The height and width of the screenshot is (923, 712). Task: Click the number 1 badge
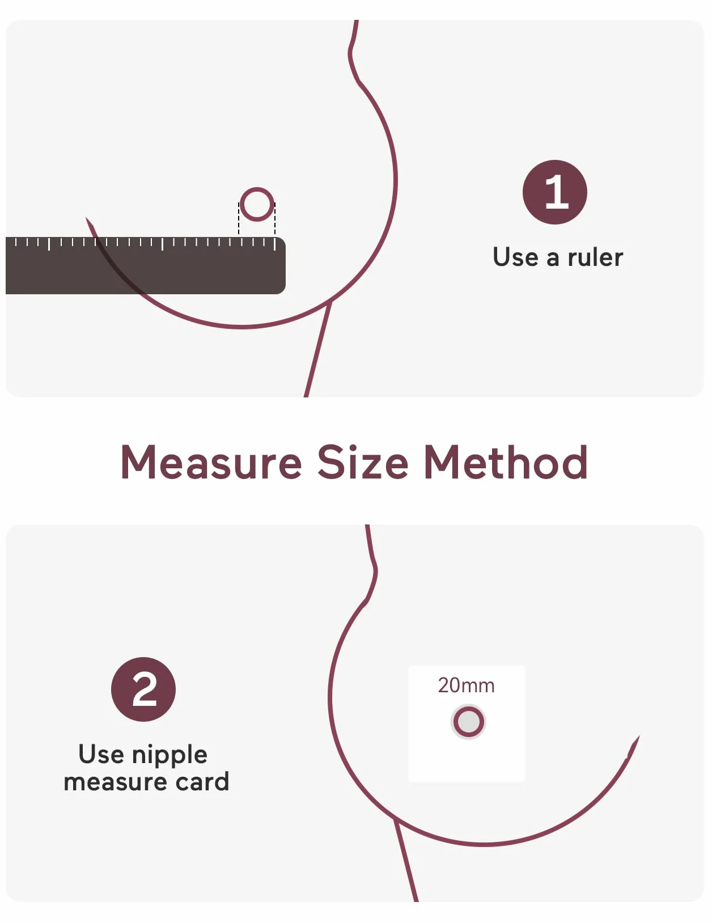click(x=554, y=192)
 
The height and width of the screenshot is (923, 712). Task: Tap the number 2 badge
click(x=143, y=689)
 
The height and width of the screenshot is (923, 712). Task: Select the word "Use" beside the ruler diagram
click(x=515, y=257)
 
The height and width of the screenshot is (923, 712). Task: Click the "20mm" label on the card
click(x=466, y=685)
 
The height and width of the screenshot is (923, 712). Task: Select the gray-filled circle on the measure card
click(x=468, y=722)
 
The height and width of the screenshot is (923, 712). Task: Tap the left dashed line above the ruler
click(x=239, y=218)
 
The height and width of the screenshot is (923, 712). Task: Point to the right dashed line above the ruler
click(x=275, y=218)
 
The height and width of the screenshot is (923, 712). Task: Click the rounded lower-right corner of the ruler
click(x=282, y=290)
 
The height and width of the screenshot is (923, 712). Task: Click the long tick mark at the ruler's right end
click(x=275, y=244)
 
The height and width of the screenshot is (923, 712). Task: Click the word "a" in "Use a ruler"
click(x=552, y=259)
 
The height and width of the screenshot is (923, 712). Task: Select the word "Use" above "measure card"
click(x=101, y=755)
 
